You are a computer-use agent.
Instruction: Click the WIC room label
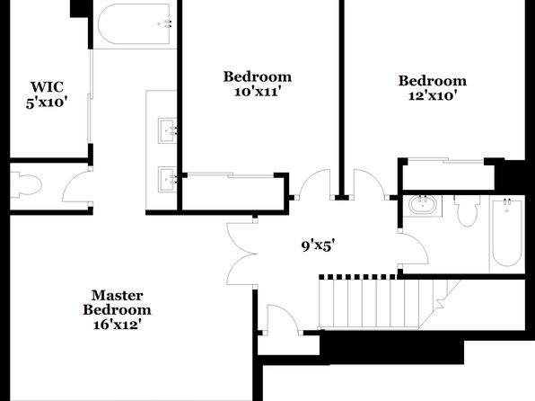47,87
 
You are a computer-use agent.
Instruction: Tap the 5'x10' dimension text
46,102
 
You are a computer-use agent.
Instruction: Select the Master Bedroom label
117,302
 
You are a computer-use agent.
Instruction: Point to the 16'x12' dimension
117,324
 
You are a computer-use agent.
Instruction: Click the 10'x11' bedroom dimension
258,92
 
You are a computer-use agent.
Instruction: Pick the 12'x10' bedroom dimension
433,95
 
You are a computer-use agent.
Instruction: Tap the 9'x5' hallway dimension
317,245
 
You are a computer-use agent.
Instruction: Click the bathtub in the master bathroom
134,24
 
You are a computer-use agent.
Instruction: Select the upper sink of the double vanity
167,130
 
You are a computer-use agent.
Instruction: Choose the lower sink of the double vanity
167,180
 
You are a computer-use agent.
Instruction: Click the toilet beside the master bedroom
26,185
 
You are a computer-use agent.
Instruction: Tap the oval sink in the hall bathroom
423,205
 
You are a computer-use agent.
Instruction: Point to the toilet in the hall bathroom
467,210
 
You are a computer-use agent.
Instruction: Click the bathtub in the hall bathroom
506,233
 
